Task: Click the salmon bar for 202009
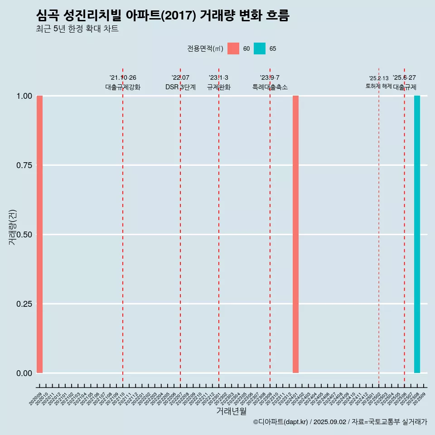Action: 39,234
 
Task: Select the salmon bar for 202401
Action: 295,234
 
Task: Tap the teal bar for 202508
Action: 417,234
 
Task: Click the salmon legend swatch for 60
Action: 233,48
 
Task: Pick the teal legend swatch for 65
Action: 260,48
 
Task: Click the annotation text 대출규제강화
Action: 123,87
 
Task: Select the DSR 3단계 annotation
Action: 180,87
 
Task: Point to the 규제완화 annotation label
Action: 219,87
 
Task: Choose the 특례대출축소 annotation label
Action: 270,87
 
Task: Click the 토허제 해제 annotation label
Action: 378,86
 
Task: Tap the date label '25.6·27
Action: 404,78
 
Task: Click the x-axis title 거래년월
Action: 231,411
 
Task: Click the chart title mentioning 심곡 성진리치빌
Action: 162,15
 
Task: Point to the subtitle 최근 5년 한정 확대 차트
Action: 77,29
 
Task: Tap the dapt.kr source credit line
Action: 340,422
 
